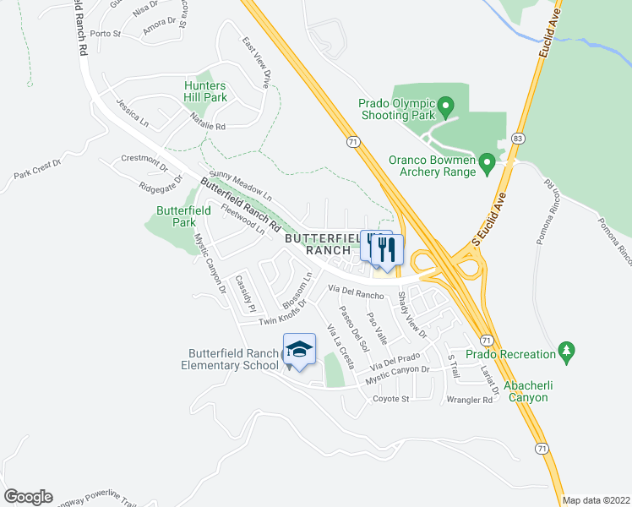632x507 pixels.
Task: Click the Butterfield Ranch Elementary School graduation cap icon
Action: (299, 349)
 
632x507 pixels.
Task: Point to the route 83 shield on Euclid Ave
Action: (517, 137)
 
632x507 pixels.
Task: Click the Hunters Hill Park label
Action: (206, 91)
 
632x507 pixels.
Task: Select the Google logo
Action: (28, 497)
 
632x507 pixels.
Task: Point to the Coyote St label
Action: (391, 398)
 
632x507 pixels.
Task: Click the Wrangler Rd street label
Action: (470, 401)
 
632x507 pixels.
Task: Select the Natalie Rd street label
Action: (208, 120)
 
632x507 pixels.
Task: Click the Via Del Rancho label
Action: (356, 293)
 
